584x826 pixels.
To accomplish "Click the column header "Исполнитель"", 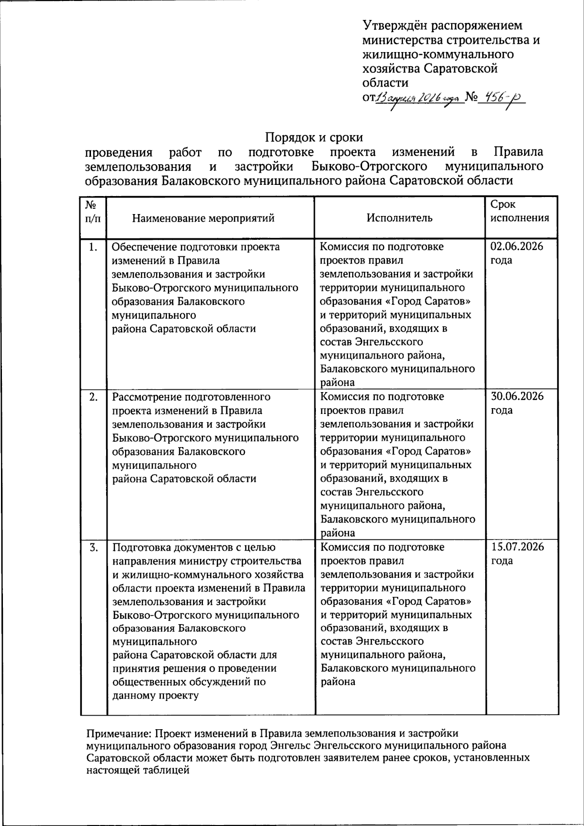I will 399,218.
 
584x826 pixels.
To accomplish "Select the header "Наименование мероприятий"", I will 203,218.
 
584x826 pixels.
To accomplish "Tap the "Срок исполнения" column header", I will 519,211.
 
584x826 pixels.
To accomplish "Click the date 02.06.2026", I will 517,246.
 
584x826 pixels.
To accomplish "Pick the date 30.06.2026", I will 517,396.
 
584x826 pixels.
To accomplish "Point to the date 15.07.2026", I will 517,546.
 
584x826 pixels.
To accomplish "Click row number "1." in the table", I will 93,247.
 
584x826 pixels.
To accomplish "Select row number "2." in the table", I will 93,396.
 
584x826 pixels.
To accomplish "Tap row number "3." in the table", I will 93,547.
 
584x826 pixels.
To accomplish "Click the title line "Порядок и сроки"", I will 314,138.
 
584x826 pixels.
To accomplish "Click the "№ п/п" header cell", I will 93,211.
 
